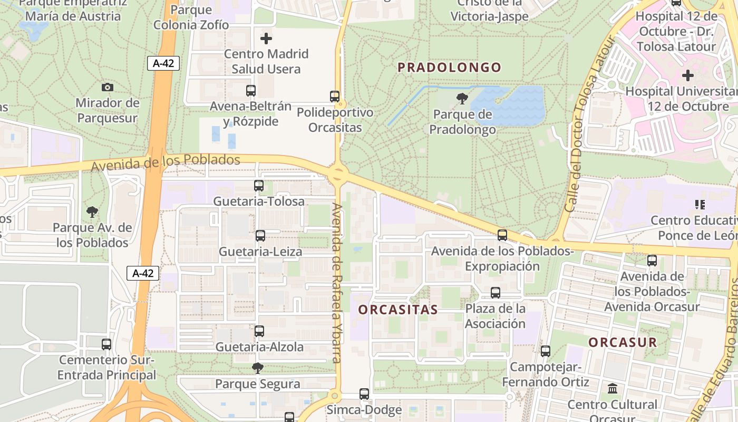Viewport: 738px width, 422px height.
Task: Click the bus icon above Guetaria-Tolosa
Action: click(x=258, y=186)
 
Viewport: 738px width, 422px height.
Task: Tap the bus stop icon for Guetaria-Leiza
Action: click(x=260, y=236)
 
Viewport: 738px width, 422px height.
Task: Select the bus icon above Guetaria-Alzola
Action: click(x=259, y=331)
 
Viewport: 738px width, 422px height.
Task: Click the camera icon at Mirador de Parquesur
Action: click(x=108, y=87)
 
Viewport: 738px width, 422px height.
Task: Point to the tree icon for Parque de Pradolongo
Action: click(x=462, y=98)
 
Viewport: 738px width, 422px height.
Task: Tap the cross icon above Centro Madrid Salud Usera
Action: click(x=266, y=39)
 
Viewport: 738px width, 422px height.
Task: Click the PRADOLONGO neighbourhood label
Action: click(x=449, y=68)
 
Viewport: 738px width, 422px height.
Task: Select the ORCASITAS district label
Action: click(x=398, y=310)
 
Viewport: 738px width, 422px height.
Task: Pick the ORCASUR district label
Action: click(x=623, y=342)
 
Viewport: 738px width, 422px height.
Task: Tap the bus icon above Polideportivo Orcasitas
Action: click(x=335, y=97)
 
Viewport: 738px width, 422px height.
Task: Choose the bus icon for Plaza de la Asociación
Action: click(x=495, y=293)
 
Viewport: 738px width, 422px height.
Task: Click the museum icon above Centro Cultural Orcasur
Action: click(x=613, y=389)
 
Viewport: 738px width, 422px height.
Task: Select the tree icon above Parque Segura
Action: click(x=258, y=368)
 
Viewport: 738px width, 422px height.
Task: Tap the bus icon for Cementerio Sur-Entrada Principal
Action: click(x=106, y=344)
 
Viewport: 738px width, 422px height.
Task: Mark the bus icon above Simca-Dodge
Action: click(x=364, y=394)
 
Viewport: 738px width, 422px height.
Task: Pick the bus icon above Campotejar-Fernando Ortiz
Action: click(x=545, y=351)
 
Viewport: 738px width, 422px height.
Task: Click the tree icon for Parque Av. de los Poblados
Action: click(x=92, y=213)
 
